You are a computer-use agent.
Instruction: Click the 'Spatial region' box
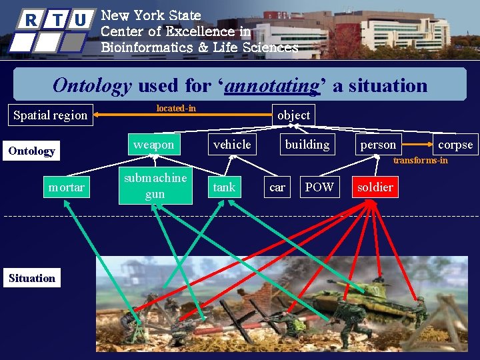coord(51,115)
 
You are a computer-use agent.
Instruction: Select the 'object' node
coord(293,115)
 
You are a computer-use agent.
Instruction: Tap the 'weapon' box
coord(153,145)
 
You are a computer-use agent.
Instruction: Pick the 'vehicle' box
coord(232,145)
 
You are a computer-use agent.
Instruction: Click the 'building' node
coord(307,145)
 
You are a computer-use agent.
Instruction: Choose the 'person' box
coord(378,145)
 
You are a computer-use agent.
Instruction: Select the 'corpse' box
coord(455,145)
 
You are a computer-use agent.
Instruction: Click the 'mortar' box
coord(66,187)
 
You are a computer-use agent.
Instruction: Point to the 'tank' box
coord(224,187)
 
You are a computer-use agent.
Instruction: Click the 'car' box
coord(277,187)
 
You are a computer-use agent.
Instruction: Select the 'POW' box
coord(319,187)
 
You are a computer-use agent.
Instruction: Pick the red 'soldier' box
coord(375,187)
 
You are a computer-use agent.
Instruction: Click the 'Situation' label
coord(32,278)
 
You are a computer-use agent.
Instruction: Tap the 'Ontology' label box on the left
coord(32,151)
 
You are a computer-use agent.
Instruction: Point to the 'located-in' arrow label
coord(176,108)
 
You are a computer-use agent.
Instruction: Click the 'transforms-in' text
coord(420,160)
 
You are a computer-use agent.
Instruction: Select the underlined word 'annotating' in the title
coord(272,85)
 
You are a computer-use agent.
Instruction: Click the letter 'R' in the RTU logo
coord(31,20)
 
